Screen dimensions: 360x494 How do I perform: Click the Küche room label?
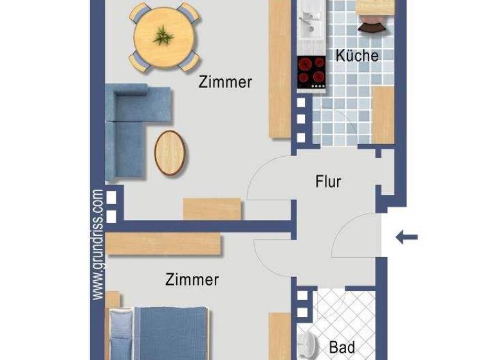tap(357, 55)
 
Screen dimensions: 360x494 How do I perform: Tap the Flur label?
tap(328, 181)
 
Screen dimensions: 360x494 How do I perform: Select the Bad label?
tap(342, 348)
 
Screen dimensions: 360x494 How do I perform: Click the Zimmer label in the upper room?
tap(225, 82)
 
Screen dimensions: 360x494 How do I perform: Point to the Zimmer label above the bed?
tap(192, 280)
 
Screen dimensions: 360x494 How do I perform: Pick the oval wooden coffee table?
tap(169, 152)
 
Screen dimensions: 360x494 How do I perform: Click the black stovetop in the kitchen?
tap(311, 71)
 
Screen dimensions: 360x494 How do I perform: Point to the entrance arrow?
tap(406, 237)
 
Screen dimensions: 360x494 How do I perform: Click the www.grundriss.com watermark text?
tap(98, 244)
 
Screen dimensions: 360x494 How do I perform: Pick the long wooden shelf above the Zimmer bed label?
tap(164, 244)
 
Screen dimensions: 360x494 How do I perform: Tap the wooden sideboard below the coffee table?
tap(212, 209)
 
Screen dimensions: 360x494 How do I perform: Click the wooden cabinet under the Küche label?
tap(383, 114)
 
